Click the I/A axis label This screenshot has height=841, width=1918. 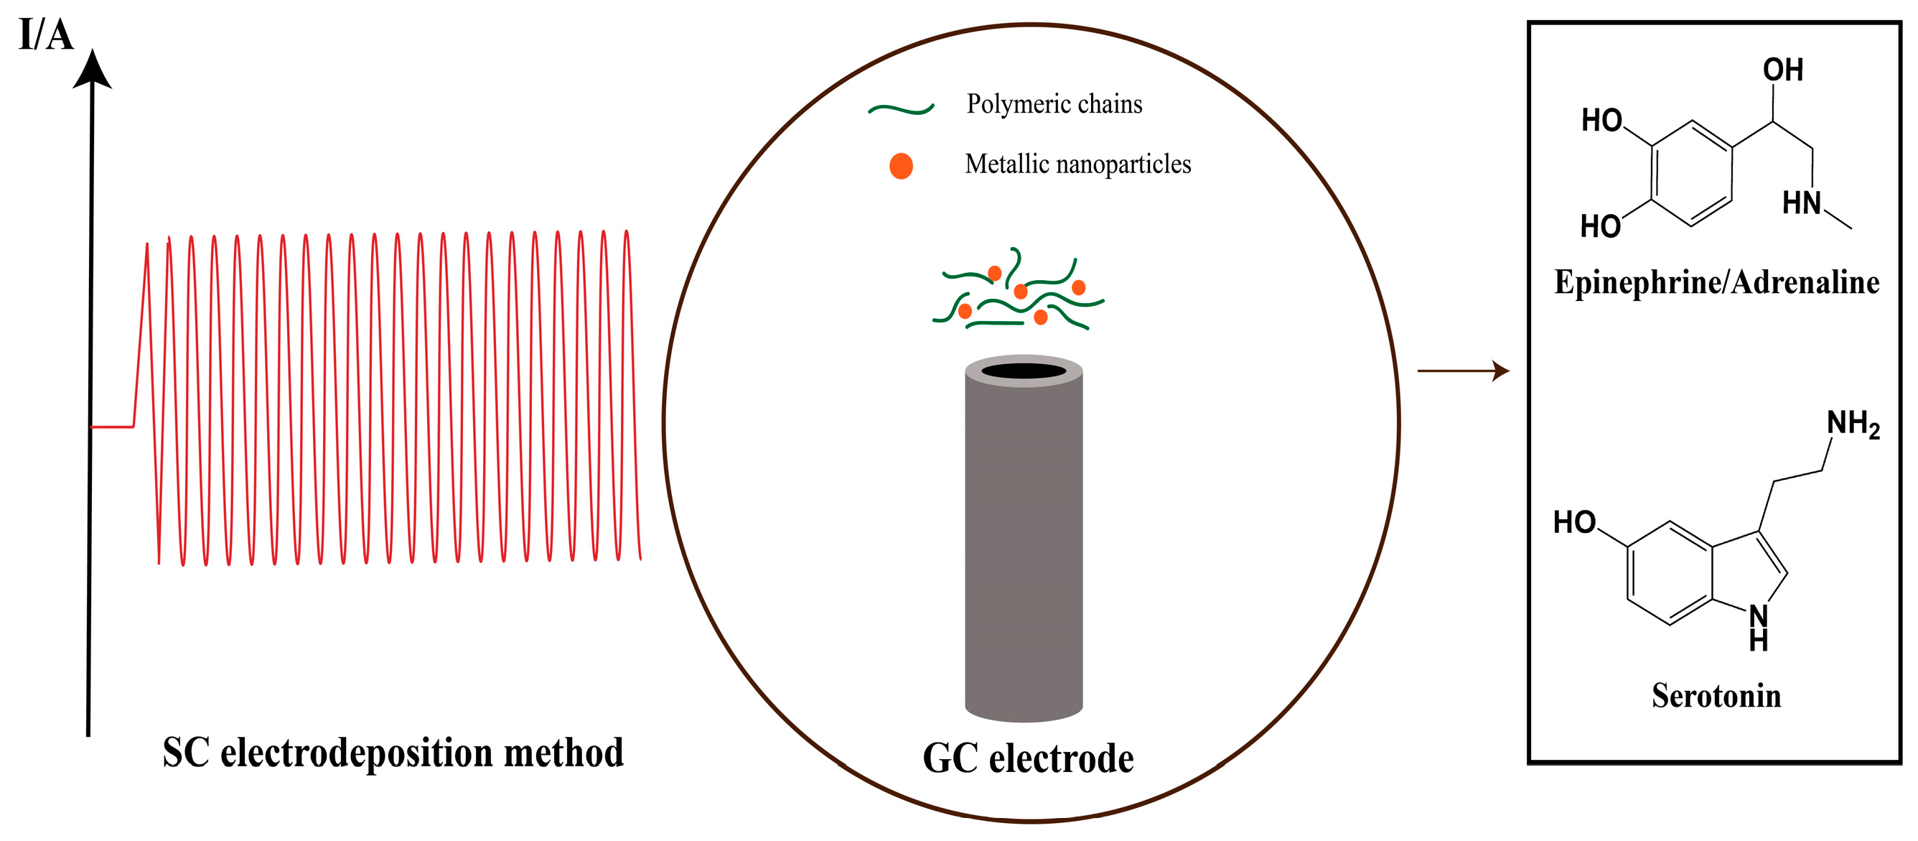coord(45,36)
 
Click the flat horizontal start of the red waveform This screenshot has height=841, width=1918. coord(112,427)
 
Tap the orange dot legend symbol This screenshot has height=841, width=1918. coord(901,165)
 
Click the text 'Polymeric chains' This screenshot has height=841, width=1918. coord(1054,104)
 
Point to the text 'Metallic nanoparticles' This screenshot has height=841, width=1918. coord(1077,164)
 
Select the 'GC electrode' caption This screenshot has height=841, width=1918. coord(1027,758)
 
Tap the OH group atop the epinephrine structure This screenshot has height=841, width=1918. coord(1782,70)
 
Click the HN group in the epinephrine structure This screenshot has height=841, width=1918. coord(1801,203)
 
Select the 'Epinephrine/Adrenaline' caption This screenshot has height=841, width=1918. coord(1716,282)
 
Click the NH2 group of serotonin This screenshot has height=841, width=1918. coord(1853,424)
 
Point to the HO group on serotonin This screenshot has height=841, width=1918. coord(1574,522)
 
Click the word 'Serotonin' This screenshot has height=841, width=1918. coord(1716,696)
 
